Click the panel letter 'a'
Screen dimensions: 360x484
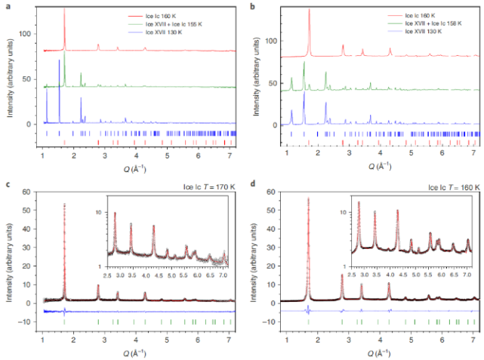[7, 6]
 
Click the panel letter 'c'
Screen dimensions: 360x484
[7, 183]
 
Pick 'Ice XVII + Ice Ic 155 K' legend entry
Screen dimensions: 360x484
[177, 23]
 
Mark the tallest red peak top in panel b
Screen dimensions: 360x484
[310, 10]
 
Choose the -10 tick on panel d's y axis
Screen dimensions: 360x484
[275, 322]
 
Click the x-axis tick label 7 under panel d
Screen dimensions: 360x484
[473, 339]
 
